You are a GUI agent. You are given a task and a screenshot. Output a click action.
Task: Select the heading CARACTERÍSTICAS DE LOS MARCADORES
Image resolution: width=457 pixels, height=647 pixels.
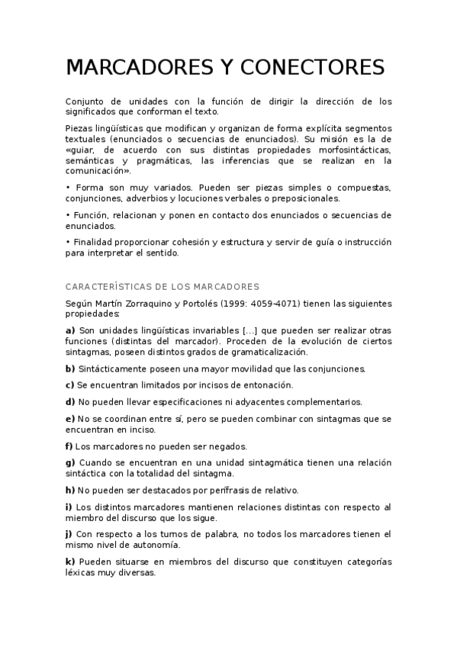click(163, 286)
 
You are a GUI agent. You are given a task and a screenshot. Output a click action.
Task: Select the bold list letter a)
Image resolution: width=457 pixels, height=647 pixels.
click(70, 330)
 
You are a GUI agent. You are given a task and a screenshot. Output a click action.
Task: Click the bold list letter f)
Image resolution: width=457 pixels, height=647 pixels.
click(69, 446)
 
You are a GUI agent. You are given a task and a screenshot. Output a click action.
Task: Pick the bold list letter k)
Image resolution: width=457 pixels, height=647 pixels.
click(70, 562)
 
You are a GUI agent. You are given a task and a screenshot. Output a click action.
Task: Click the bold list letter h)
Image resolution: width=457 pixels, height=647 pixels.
click(70, 490)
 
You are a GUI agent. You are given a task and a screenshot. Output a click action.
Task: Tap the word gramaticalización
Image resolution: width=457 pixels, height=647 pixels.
click(267, 352)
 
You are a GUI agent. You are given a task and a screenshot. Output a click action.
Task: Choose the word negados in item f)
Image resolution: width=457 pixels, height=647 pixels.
click(230, 446)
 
